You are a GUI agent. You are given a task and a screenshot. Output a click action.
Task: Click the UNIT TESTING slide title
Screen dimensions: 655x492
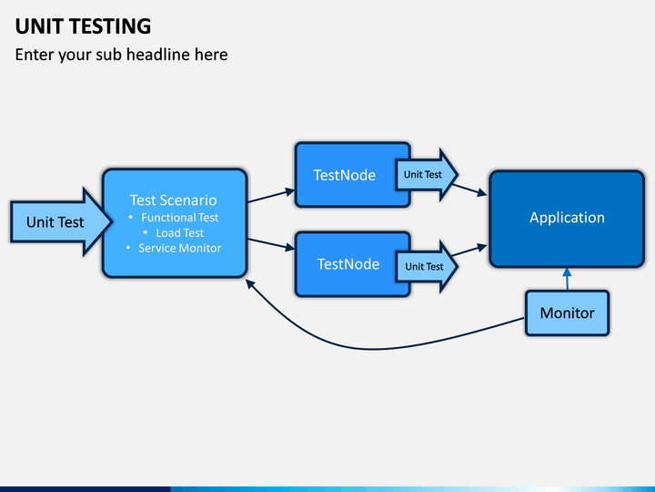pos(83,26)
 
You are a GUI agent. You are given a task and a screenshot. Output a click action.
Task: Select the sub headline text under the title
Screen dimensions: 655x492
pos(122,55)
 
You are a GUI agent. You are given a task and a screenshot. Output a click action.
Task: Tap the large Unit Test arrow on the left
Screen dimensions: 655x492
pos(61,221)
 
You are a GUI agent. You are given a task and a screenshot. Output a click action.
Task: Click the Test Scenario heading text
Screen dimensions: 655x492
pos(174,200)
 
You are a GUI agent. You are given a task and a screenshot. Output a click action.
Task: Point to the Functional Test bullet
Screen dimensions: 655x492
pos(179,218)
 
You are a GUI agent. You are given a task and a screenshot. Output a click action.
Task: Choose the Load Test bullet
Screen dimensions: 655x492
pos(179,232)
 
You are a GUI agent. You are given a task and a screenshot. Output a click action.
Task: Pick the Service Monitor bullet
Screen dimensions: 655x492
pos(179,248)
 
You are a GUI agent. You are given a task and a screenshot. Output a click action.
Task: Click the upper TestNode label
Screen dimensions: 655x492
pos(345,175)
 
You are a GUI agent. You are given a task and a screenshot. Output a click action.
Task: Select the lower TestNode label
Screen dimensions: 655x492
pos(348,264)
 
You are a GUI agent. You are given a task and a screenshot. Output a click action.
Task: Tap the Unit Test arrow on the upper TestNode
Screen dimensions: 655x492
pos(427,174)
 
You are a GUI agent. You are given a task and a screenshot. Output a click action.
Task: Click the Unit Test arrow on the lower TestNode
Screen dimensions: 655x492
pos(427,266)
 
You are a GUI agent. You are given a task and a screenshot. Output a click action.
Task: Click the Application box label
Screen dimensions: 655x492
pos(567,218)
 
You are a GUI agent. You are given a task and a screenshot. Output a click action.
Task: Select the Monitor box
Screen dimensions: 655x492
pos(568,313)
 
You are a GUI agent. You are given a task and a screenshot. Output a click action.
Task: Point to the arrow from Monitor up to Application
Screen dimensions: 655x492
pos(567,279)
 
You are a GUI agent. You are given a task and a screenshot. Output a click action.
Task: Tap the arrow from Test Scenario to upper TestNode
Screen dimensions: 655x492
pos(271,196)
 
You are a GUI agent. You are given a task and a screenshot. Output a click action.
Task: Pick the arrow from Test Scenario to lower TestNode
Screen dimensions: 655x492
pos(271,244)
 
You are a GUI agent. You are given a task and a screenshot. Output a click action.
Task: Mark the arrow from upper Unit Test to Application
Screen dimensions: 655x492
pos(470,190)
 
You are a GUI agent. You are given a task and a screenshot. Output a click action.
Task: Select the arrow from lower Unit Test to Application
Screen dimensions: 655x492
pos(469,251)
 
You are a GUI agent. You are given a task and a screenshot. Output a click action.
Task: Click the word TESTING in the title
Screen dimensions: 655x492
pos(111,26)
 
